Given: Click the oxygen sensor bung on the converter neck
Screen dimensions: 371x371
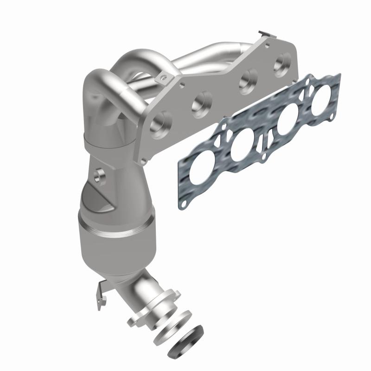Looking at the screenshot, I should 98,175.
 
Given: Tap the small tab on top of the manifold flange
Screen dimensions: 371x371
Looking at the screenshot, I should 265,34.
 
